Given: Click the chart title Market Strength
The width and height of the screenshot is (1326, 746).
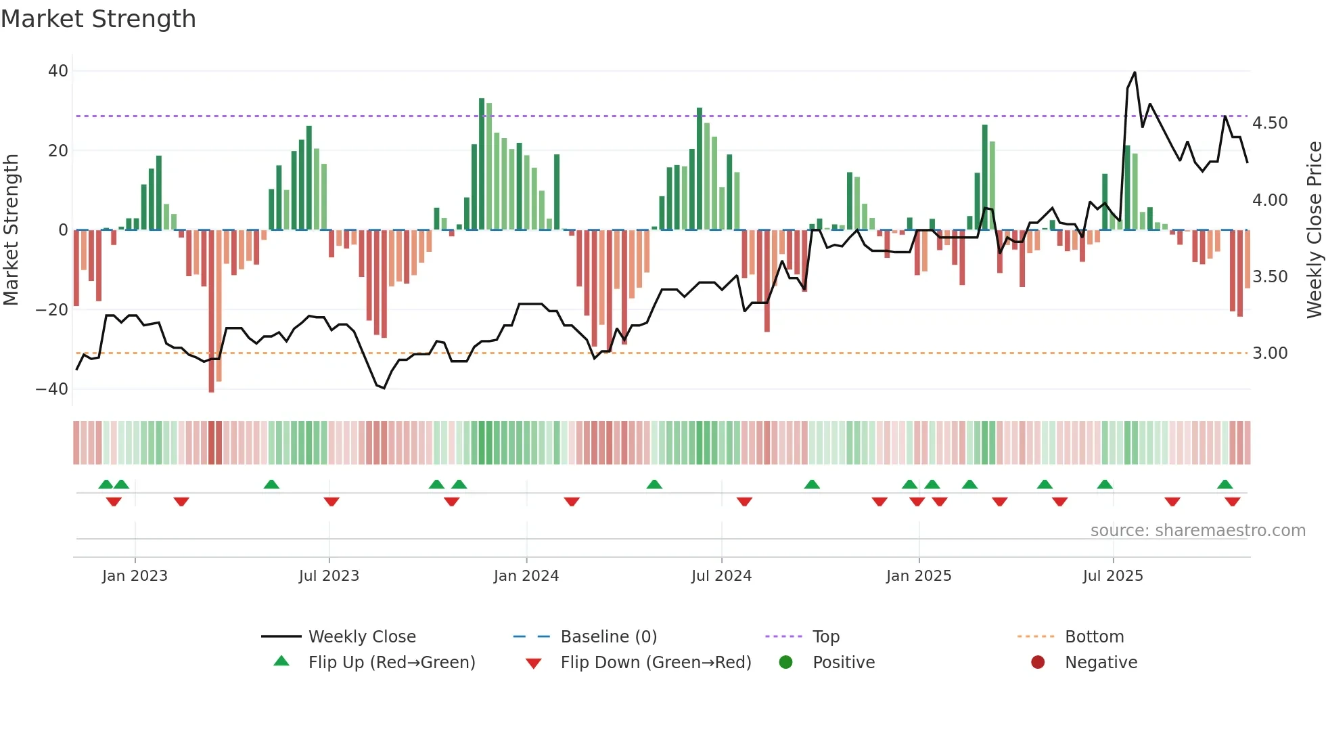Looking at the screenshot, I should point(98,19).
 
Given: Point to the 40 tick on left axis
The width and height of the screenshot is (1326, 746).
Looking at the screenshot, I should point(58,71).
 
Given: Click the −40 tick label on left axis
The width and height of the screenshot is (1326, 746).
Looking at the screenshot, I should point(52,389).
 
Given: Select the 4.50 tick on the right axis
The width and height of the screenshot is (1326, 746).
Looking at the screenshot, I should point(1270,123).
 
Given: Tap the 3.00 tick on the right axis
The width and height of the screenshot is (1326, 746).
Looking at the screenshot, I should point(1270,353).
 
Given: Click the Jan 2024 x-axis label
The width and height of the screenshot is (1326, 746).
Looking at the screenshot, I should point(526,576).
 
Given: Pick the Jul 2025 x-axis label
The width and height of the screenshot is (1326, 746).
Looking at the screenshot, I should point(1113,576).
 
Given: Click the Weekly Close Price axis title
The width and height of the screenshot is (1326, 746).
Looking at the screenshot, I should point(1314,230).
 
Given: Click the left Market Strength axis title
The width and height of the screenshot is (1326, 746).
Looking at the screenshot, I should point(11,230).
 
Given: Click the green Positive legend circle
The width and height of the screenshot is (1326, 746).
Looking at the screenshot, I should point(785,662).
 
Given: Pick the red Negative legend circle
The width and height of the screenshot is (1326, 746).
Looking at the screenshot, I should point(1038,662).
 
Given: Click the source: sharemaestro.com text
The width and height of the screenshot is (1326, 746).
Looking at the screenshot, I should point(1197,531).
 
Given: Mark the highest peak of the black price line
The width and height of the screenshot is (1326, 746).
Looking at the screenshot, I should point(1135,72).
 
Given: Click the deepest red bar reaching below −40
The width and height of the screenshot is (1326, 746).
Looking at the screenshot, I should point(211,386).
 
